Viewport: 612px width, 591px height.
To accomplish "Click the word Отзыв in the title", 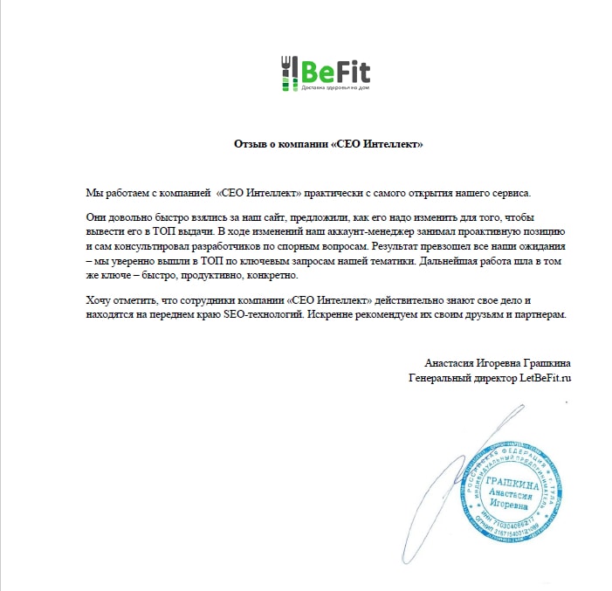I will [x=251, y=143].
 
